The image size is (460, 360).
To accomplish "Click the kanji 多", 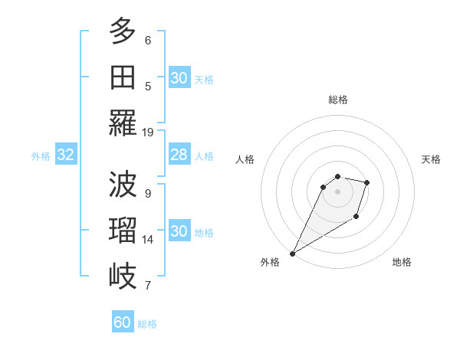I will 123,31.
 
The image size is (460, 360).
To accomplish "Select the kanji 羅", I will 123,123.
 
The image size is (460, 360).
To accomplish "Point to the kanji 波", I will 123,184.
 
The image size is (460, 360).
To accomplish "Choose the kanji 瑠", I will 123,230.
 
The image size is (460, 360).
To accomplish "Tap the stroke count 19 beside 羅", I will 148,132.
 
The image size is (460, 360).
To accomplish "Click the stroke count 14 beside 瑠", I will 148,239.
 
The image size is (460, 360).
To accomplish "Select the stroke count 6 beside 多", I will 148,40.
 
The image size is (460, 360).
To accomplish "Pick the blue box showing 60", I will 123,322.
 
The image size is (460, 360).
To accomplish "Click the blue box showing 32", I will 66,155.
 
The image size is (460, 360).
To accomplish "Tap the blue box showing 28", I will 179,155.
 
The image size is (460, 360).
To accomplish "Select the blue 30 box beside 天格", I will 179,78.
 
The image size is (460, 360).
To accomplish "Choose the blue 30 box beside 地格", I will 179,232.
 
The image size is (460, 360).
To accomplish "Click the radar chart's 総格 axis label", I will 338,100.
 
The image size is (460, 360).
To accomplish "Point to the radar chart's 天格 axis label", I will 431,159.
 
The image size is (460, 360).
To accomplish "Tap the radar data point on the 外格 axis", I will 292,254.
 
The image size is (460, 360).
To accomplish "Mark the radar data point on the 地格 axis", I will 356,217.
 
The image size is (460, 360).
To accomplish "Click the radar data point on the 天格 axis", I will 367,182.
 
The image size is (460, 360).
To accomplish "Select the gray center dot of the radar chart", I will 337,191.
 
